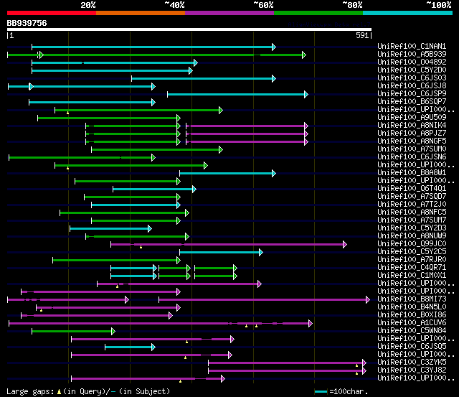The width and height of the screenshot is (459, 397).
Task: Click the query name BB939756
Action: click(27, 23)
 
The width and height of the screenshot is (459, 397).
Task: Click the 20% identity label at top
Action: click(88, 5)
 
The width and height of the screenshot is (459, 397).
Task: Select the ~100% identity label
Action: click(438, 5)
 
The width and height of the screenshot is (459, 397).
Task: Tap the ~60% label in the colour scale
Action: click(263, 5)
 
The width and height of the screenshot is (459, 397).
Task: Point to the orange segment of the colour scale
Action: click(140, 13)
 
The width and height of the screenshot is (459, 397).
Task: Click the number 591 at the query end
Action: click(362, 35)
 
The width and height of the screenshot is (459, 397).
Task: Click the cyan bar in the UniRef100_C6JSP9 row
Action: click(237, 94)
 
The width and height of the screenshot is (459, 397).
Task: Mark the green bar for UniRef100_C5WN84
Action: click(72, 331)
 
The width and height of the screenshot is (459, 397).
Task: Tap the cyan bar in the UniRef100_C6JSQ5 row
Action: click(129, 347)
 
